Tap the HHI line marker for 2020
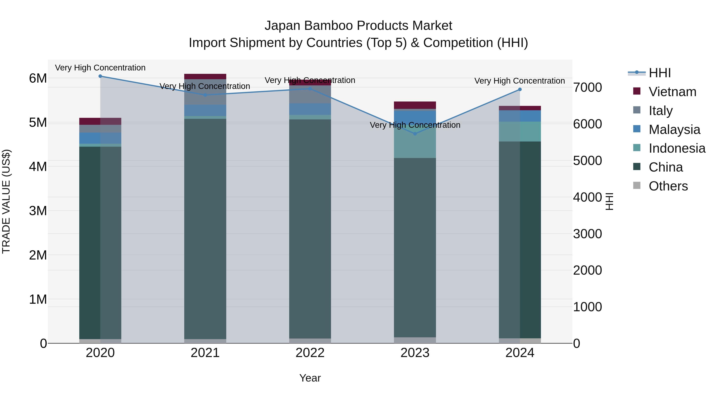(100, 76)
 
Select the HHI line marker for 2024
(520, 90)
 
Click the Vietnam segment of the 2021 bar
(205, 76)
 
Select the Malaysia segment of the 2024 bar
(520, 116)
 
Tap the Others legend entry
(668, 186)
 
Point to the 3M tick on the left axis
(38, 211)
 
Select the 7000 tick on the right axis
(587, 87)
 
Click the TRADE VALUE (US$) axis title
(6, 201)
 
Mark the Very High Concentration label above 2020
(100, 68)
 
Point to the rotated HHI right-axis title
(609, 201)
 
